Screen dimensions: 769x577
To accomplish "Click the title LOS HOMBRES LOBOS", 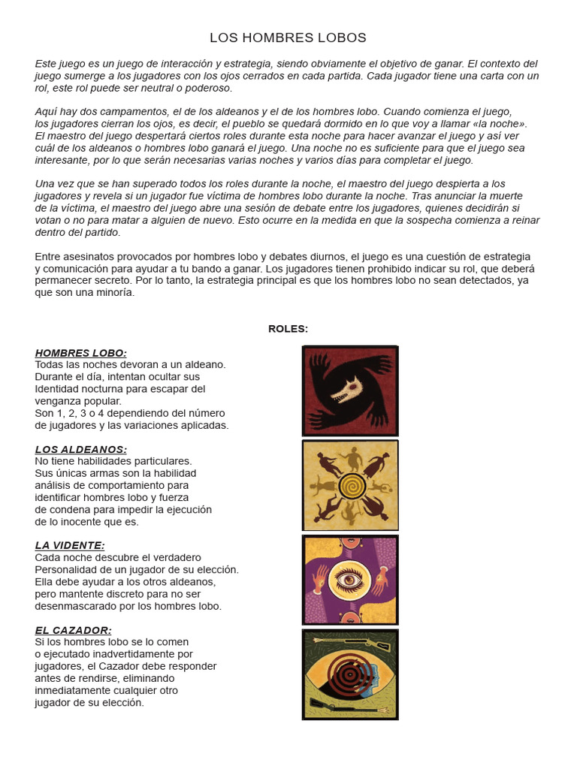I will [x=288, y=38].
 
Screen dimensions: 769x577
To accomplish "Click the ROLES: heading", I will [x=288, y=328].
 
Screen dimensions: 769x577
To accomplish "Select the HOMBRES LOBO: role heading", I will [x=80, y=353].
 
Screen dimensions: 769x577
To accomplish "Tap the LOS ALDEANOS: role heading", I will [x=80, y=449].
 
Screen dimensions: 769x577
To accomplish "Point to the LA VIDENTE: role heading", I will [x=70, y=545].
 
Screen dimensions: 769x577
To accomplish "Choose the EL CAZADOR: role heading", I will [x=73, y=630].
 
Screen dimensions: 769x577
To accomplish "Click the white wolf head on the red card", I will [x=347, y=390].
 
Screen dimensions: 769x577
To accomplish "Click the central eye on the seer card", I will [x=350, y=581].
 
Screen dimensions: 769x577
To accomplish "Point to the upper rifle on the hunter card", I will [x=350, y=641].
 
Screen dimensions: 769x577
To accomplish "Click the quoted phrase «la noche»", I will [x=501, y=124].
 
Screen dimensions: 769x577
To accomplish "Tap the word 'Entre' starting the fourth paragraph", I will [x=49, y=257].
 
